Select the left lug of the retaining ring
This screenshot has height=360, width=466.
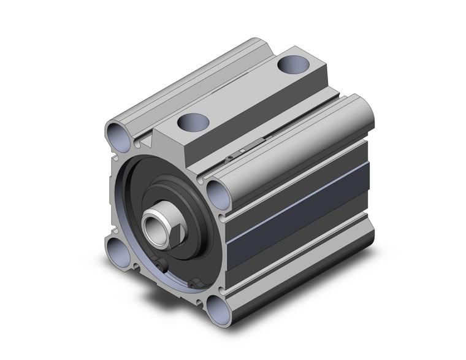click(162, 264)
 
